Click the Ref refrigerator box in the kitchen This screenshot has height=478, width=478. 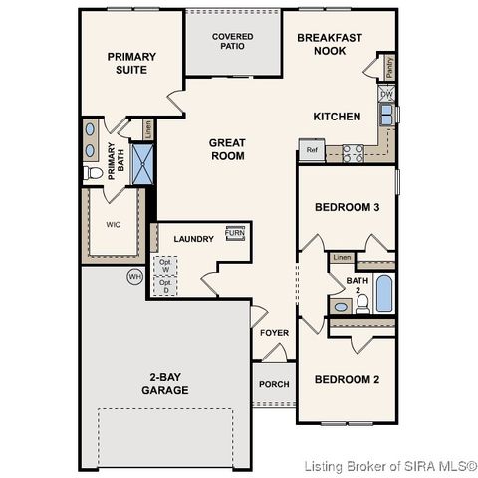(x=312, y=152)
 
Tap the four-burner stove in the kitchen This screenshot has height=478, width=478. (x=353, y=152)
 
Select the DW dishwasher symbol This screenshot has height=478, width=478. (x=386, y=95)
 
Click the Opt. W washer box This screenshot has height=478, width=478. (x=166, y=266)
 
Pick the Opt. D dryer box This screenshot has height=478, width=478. (x=166, y=287)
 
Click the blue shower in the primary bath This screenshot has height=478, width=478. (x=145, y=164)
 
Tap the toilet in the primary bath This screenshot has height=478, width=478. (x=97, y=173)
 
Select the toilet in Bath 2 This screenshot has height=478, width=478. (x=363, y=301)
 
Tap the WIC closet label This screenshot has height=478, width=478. (x=114, y=225)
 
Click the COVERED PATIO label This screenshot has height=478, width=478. (x=233, y=41)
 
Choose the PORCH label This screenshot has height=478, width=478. (x=274, y=384)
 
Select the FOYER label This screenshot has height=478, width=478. (x=275, y=333)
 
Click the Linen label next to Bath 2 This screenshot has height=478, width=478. (x=342, y=258)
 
